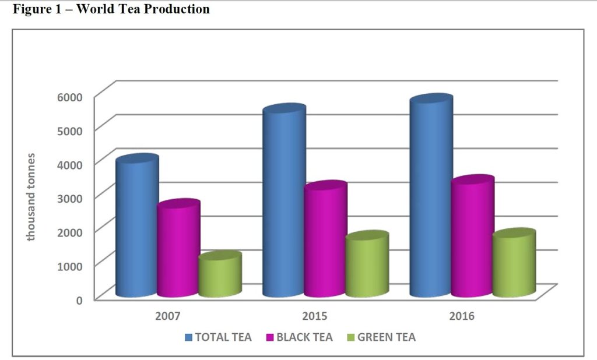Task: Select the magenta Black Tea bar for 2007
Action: [x=178, y=249]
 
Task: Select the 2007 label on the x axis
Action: [x=167, y=316]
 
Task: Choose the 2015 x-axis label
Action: [x=315, y=316]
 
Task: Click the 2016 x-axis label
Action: [x=462, y=316]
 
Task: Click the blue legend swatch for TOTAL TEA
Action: [x=188, y=337]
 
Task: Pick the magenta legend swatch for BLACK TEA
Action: [x=270, y=337]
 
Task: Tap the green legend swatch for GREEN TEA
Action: [x=350, y=337]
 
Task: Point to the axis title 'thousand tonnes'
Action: [x=31, y=197]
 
